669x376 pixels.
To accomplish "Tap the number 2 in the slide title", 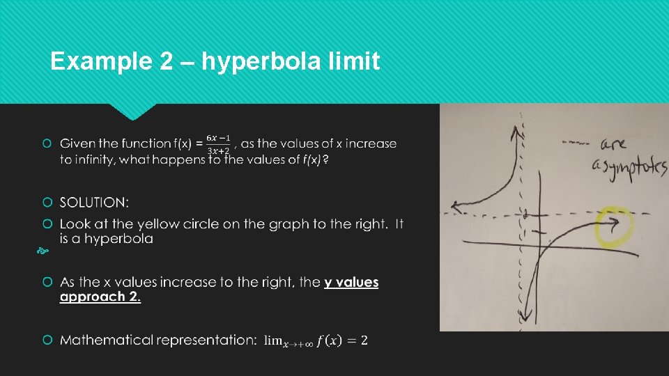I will (166, 62).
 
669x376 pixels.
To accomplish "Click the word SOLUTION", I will (94, 203).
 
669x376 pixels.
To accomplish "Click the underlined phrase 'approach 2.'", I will (100, 297).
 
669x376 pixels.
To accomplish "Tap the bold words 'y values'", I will (351, 282).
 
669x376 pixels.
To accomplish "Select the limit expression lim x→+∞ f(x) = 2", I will (317, 340).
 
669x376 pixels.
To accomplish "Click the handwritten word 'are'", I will (614, 145).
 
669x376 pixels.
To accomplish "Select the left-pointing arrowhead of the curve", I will (456, 206).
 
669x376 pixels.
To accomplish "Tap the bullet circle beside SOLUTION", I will (47, 203).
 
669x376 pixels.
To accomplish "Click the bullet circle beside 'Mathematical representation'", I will (47, 340).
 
